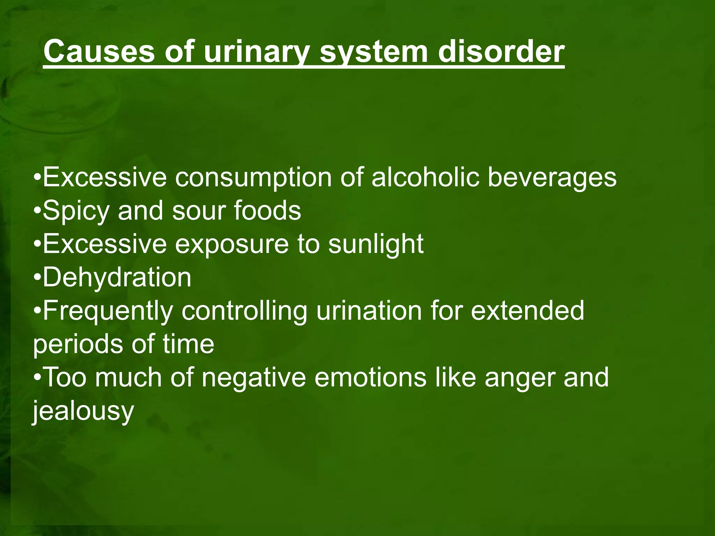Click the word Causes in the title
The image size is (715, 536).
pos(99,52)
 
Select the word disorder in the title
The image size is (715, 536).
pos(501,52)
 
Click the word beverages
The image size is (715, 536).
pos(552,177)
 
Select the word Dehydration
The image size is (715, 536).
pos(117,277)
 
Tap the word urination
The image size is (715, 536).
pos(369,311)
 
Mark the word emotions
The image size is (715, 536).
pos(370,377)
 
